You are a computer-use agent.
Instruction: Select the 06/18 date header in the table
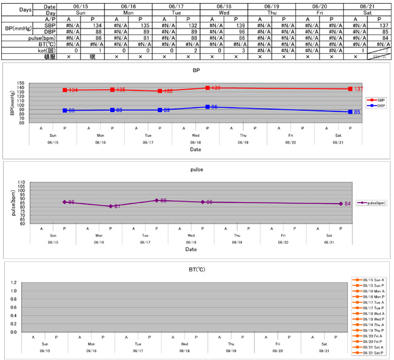(223, 5)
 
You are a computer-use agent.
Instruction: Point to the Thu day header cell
(271, 12)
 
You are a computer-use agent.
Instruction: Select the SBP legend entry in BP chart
(377, 100)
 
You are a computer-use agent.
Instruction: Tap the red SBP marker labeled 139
(208, 88)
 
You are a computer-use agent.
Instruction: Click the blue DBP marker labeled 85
(350, 112)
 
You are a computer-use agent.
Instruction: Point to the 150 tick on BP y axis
(22, 84)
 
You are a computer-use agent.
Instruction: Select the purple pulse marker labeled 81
(110, 206)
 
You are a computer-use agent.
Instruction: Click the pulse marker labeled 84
(341, 204)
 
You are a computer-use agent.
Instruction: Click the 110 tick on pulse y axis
(22, 182)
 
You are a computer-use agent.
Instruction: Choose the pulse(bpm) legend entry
(371, 203)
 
